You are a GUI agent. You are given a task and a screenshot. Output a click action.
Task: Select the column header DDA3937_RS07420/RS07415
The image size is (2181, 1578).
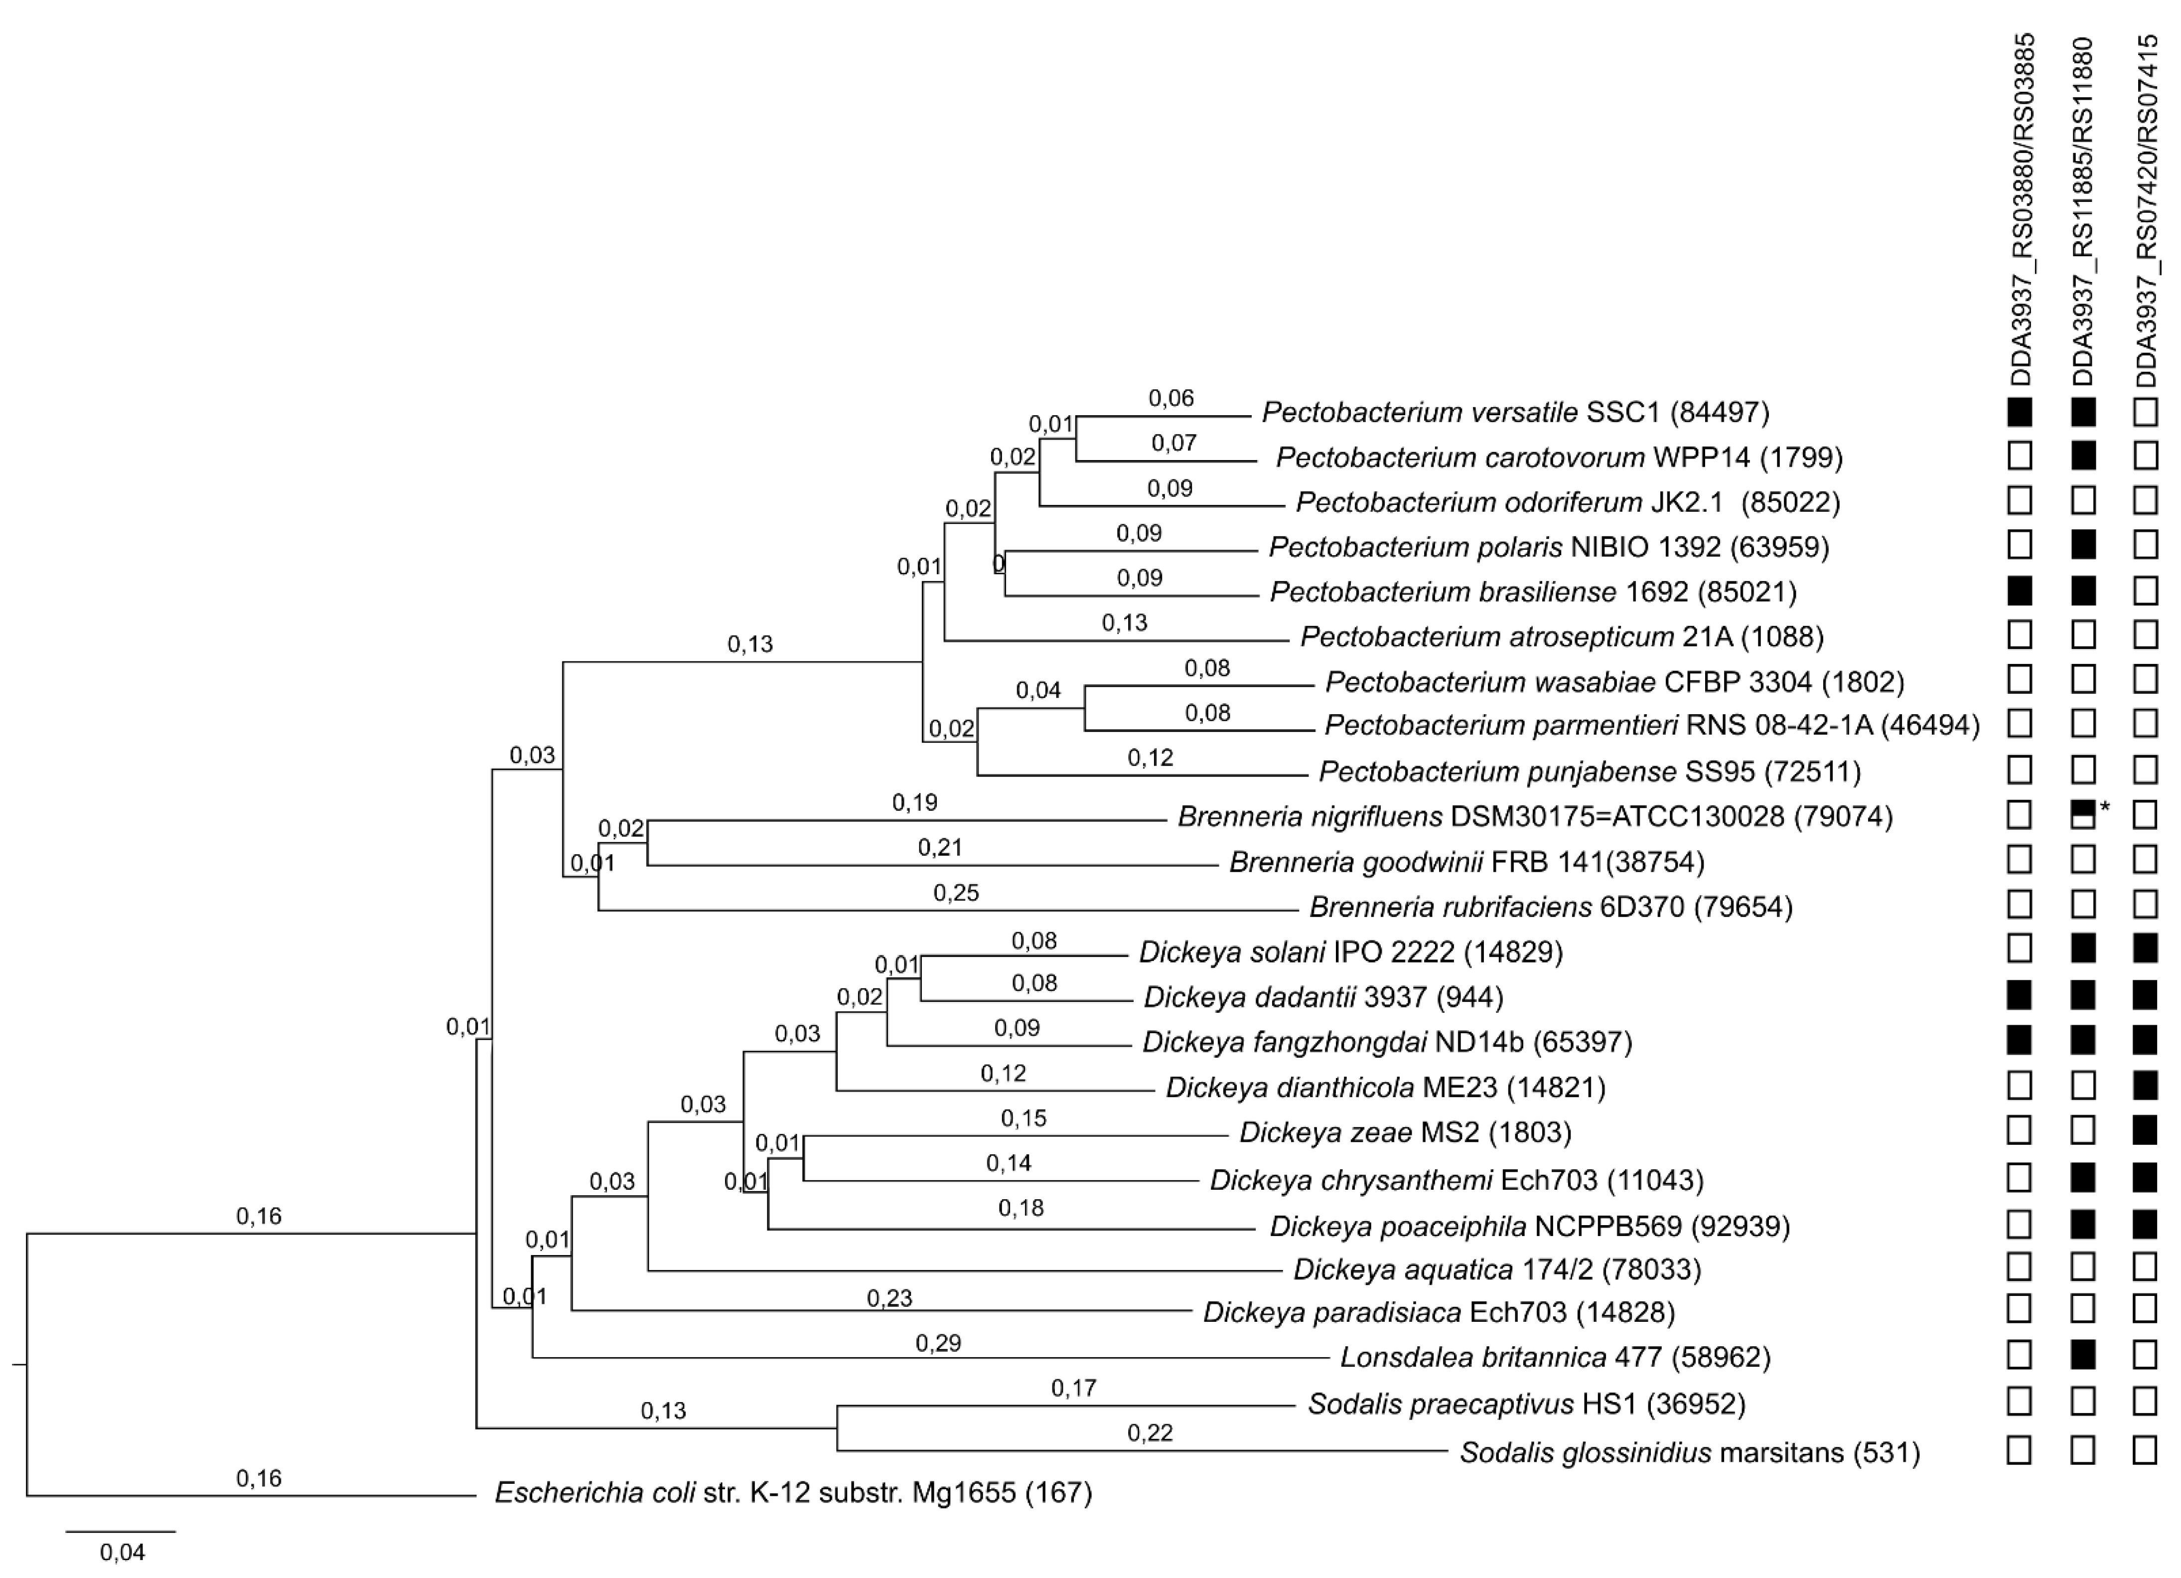pyautogui.click(x=2146, y=210)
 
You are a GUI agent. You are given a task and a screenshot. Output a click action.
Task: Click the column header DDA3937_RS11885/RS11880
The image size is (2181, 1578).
pyautogui.click(x=2083, y=210)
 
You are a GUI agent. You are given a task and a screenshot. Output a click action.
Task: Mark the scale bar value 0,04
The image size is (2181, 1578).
pyautogui.click(x=122, y=1552)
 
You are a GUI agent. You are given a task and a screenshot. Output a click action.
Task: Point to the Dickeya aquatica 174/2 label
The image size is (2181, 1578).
pyautogui.click(x=1496, y=1269)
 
